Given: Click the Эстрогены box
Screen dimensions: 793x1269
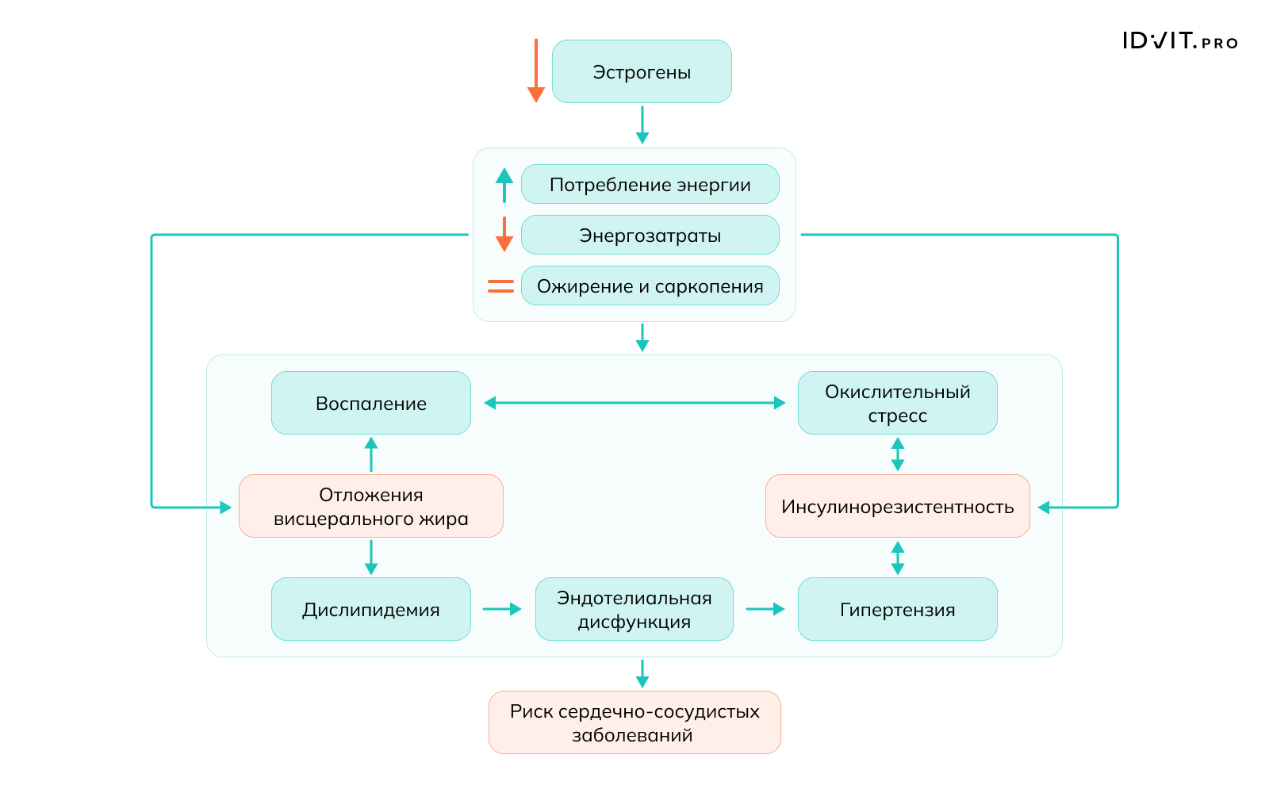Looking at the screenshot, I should tap(642, 71).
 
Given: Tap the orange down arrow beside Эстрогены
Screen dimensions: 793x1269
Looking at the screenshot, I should tap(536, 71).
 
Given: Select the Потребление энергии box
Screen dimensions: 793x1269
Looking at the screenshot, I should tap(650, 184).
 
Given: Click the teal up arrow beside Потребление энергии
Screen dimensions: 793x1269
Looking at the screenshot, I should tap(504, 184).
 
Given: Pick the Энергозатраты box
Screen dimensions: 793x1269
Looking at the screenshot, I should tap(650, 235).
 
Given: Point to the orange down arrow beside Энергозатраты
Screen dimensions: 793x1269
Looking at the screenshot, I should tap(504, 235).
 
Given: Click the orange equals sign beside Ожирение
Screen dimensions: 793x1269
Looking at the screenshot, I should tap(500, 286).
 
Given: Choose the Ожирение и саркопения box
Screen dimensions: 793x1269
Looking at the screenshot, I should tap(650, 285).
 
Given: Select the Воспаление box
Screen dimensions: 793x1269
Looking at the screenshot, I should tap(371, 403).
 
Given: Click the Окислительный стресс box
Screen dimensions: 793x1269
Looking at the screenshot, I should tap(897, 403).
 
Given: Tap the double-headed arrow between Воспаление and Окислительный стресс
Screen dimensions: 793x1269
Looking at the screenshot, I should tap(634, 403).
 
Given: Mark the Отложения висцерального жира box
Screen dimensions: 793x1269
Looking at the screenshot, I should tap(371, 506).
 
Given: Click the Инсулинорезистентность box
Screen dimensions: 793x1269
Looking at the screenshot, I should tap(897, 506).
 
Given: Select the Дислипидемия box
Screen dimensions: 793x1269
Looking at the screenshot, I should tap(371, 609).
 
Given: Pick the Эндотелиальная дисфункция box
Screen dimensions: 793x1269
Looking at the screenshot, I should tap(634, 609).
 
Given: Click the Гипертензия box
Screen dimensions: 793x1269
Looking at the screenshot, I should tap(897, 609).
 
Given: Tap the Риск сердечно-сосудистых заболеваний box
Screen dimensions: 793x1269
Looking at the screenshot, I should tap(634, 722).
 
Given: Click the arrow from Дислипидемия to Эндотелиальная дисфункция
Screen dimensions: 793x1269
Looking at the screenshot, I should tap(502, 609).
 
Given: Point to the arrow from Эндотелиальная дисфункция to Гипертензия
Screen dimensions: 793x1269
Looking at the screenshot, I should tap(765, 609).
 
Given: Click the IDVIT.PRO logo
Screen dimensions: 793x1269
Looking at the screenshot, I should tap(1180, 41).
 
